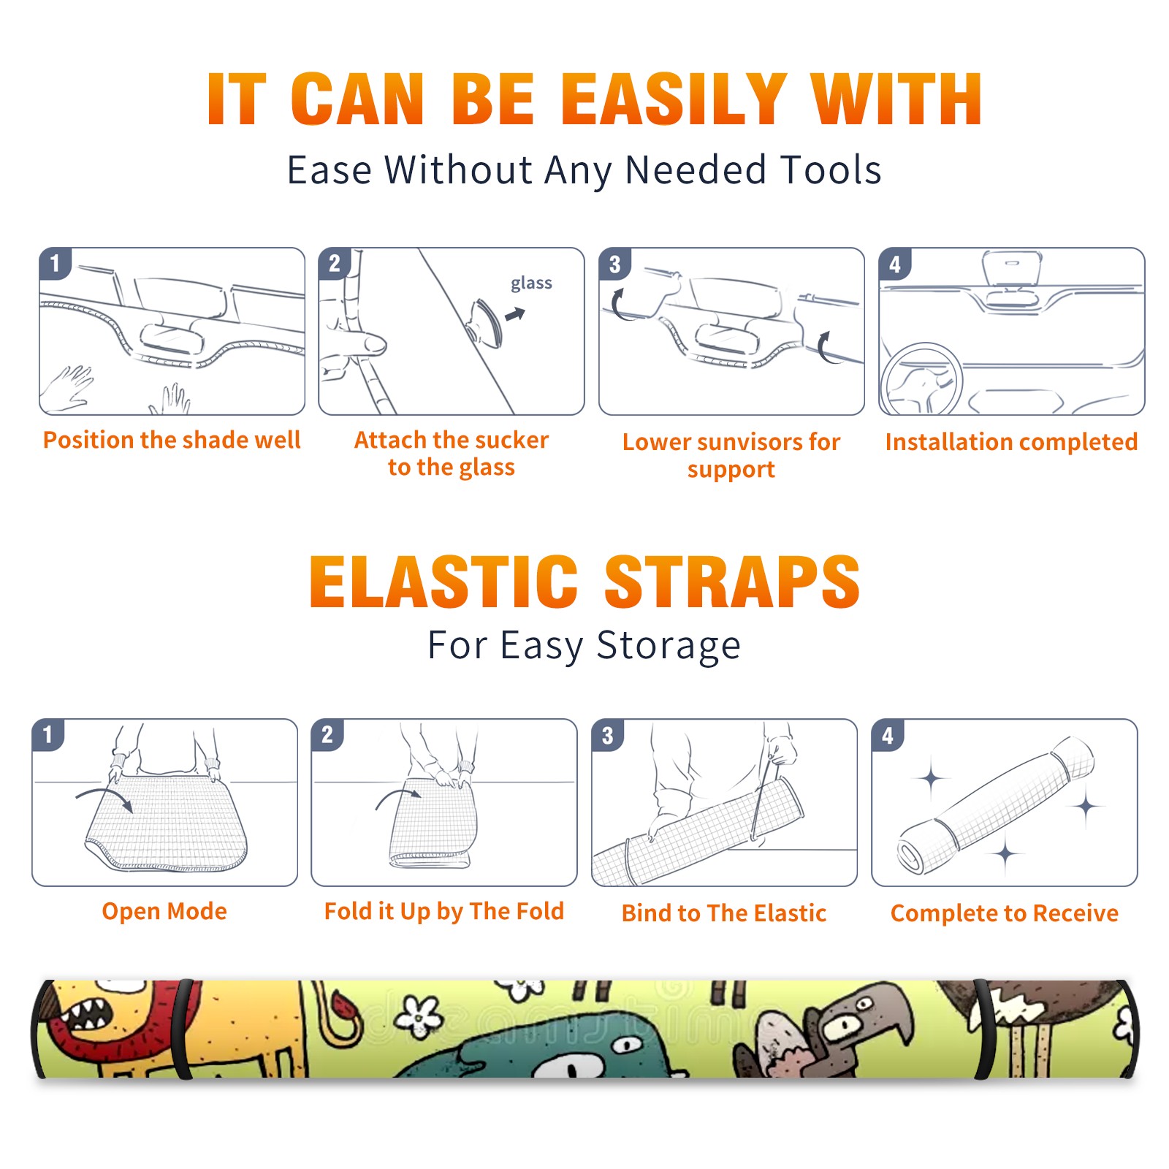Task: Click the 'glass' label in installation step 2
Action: click(531, 283)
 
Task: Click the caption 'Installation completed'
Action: click(1011, 442)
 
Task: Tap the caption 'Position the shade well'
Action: click(172, 440)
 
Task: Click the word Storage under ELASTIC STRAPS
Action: click(669, 646)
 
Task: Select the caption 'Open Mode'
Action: click(164, 911)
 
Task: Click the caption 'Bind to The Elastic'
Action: click(724, 913)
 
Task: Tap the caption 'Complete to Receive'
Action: click(1005, 913)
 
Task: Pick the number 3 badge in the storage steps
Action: click(608, 735)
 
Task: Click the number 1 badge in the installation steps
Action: click(56, 263)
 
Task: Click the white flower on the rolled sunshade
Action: click(419, 1016)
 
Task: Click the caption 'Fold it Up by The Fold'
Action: click(444, 911)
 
